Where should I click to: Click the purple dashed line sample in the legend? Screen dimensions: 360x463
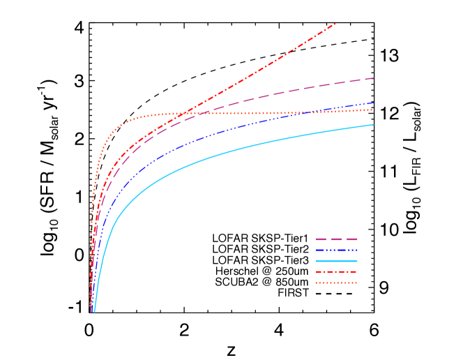pyautogui.click(x=336, y=239)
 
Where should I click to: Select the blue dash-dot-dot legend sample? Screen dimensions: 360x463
pyautogui.click(x=336, y=250)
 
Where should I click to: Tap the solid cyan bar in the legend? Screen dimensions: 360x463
pyautogui.click(x=336, y=261)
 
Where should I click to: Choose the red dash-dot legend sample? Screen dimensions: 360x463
pyautogui.click(x=336, y=271)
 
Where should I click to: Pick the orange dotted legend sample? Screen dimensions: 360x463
pyautogui.click(x=336, y=283)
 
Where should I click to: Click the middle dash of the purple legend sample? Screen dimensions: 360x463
pyautogui.click(x=336, y=239)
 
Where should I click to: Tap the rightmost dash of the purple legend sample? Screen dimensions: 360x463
pyautogui.click(x=352, y=239)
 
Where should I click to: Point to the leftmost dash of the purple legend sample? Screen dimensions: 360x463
pyautogui.click(x=321, y=239)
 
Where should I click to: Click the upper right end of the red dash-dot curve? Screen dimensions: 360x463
pyautogui.click(x=335, y=24)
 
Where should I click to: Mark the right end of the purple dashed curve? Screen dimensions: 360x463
pyautogui.click(x=374, y=78)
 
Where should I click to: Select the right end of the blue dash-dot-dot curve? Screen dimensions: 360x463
pyautogui.click(x=373, y=103)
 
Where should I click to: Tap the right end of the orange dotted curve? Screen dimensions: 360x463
pyautogui.click(x=372, y=110)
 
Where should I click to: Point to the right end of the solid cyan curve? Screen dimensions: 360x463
pyautogui.click(x=373, y=125)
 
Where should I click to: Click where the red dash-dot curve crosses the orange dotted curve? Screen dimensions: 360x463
pyautogui.click(x=179, y=114)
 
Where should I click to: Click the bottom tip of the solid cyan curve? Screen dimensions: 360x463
pyautogui.click(x=93, y=311)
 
